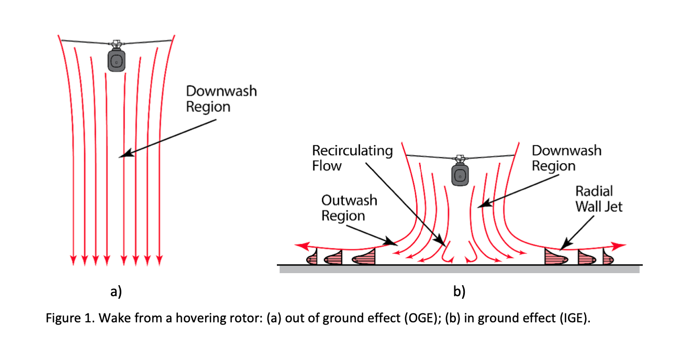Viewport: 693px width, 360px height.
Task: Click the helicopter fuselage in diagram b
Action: [x=460, y=176]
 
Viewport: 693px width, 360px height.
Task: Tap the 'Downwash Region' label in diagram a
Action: [x=221, y=99]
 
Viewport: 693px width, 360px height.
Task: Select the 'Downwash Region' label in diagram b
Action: [x=566, y=158]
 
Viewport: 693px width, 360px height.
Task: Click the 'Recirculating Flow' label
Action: [x=352, y=158]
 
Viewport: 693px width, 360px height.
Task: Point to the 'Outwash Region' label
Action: [x=349, y=208]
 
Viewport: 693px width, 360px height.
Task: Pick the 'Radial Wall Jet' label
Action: [x=599, y=199]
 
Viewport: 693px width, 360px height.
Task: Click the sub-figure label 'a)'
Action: [x=116, y=291]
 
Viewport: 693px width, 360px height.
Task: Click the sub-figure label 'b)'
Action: [x=459, y=291]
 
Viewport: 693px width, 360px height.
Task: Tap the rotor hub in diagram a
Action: [x=116, y=42]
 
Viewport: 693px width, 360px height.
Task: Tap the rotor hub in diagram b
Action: [x=460, y=157]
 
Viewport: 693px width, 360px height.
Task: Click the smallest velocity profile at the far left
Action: [x=312, y=258]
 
